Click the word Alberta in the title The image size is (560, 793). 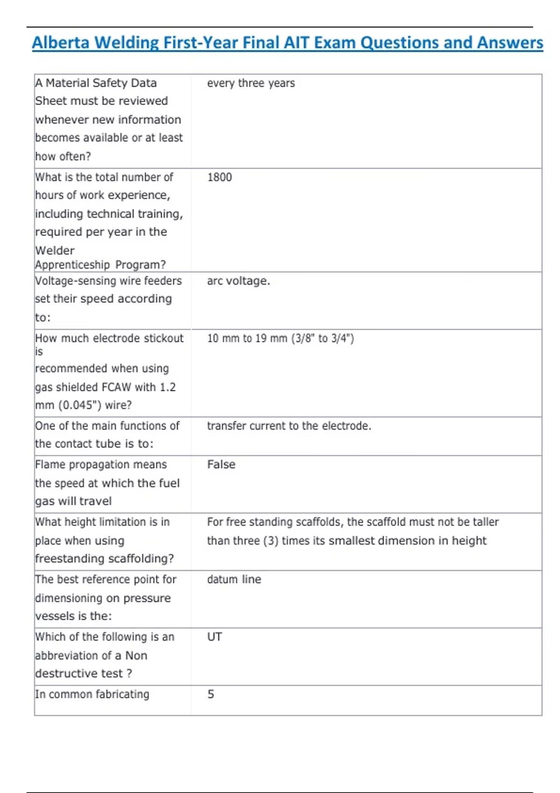61,43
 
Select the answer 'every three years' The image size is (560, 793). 251,83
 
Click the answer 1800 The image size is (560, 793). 219,177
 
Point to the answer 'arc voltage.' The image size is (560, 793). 238,281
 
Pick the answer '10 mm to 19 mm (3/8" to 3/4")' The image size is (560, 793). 280,338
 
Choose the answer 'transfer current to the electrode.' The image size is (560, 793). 289,426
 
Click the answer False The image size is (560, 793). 221,465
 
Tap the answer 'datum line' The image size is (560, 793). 234,579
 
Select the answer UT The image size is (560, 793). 215,637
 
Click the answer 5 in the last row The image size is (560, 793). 211,694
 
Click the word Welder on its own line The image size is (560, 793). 55,250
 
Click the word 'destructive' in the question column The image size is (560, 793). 67,673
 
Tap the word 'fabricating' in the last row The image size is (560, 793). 122,694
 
